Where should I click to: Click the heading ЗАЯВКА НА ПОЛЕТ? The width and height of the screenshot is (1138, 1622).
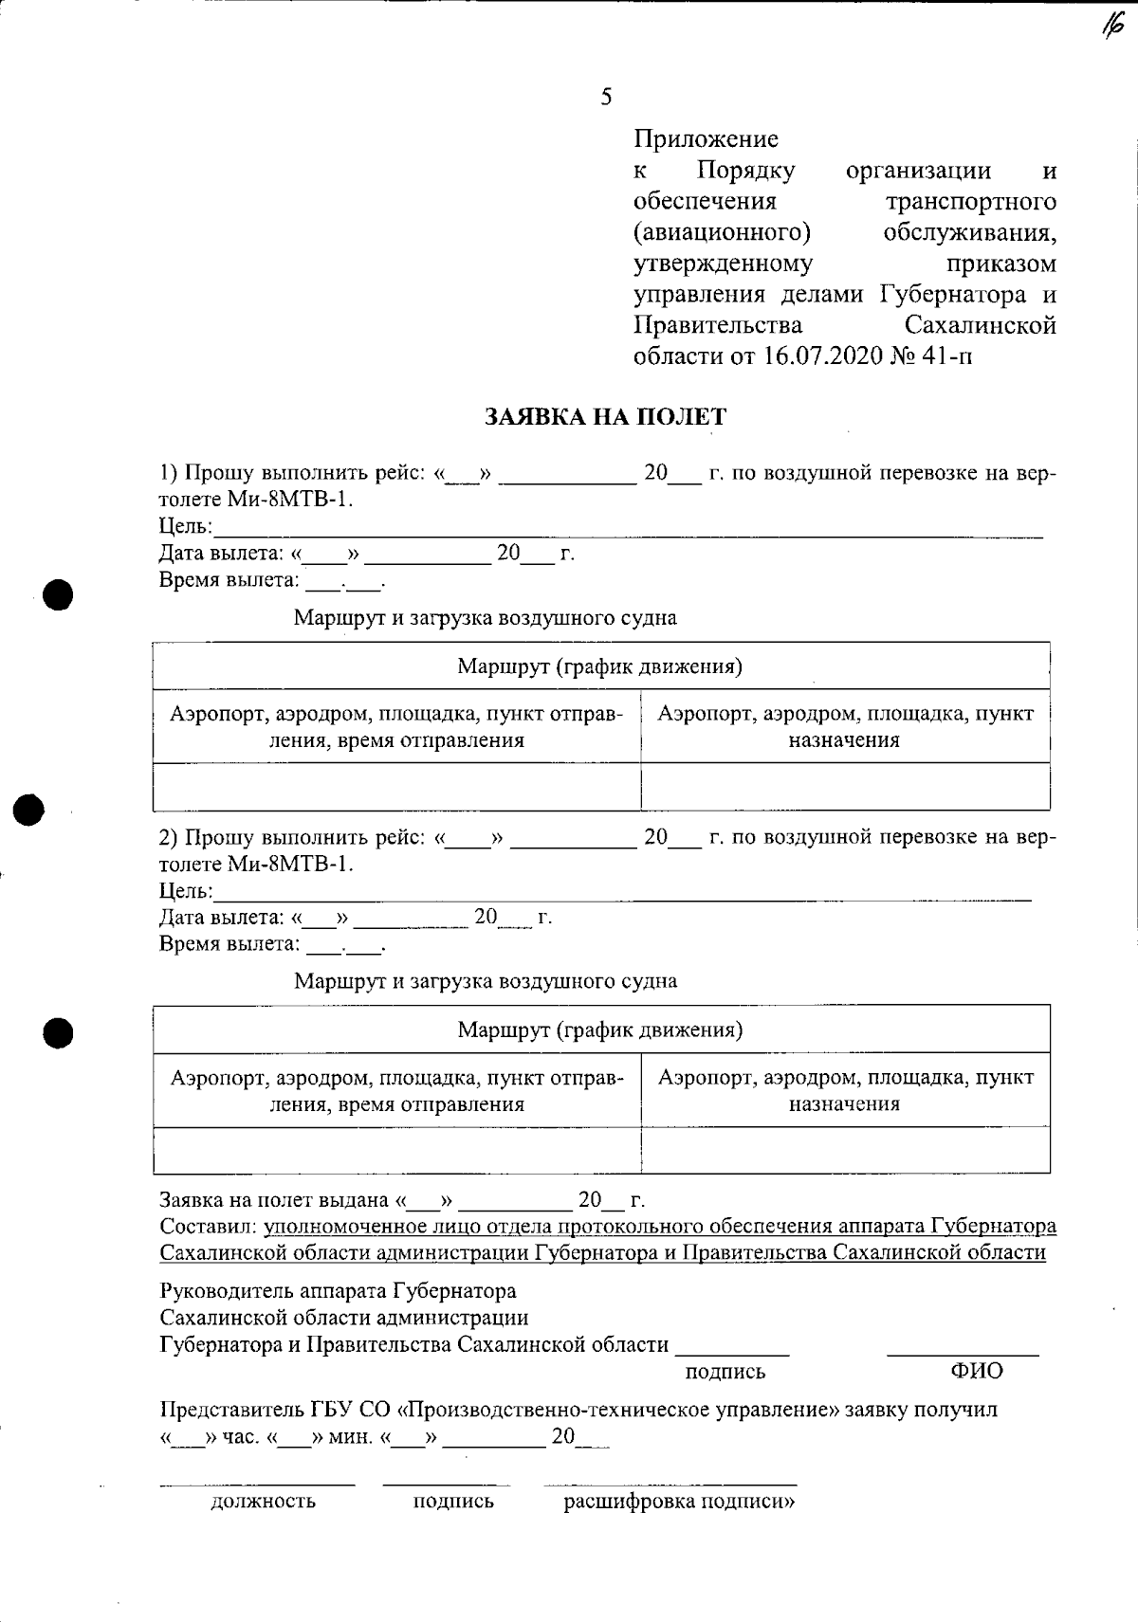(x=605, y=417)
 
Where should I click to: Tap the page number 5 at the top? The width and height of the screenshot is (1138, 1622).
(x=606, y=96)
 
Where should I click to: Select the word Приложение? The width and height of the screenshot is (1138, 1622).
(x=706, y=139)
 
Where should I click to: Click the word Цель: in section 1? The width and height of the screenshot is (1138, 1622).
(x=186, y=527)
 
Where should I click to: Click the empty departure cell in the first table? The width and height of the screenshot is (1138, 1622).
(x=396, y=787)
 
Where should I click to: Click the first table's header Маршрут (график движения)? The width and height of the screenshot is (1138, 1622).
(x=599, y=666)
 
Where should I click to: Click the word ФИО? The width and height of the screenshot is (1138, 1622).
(x=976, y=1371)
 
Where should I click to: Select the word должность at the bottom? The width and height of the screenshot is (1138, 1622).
(x=263, y=1502)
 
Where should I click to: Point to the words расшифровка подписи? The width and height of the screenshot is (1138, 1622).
(x=679, y=1502)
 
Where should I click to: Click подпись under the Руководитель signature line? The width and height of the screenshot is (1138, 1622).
(x=725, y=1372)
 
